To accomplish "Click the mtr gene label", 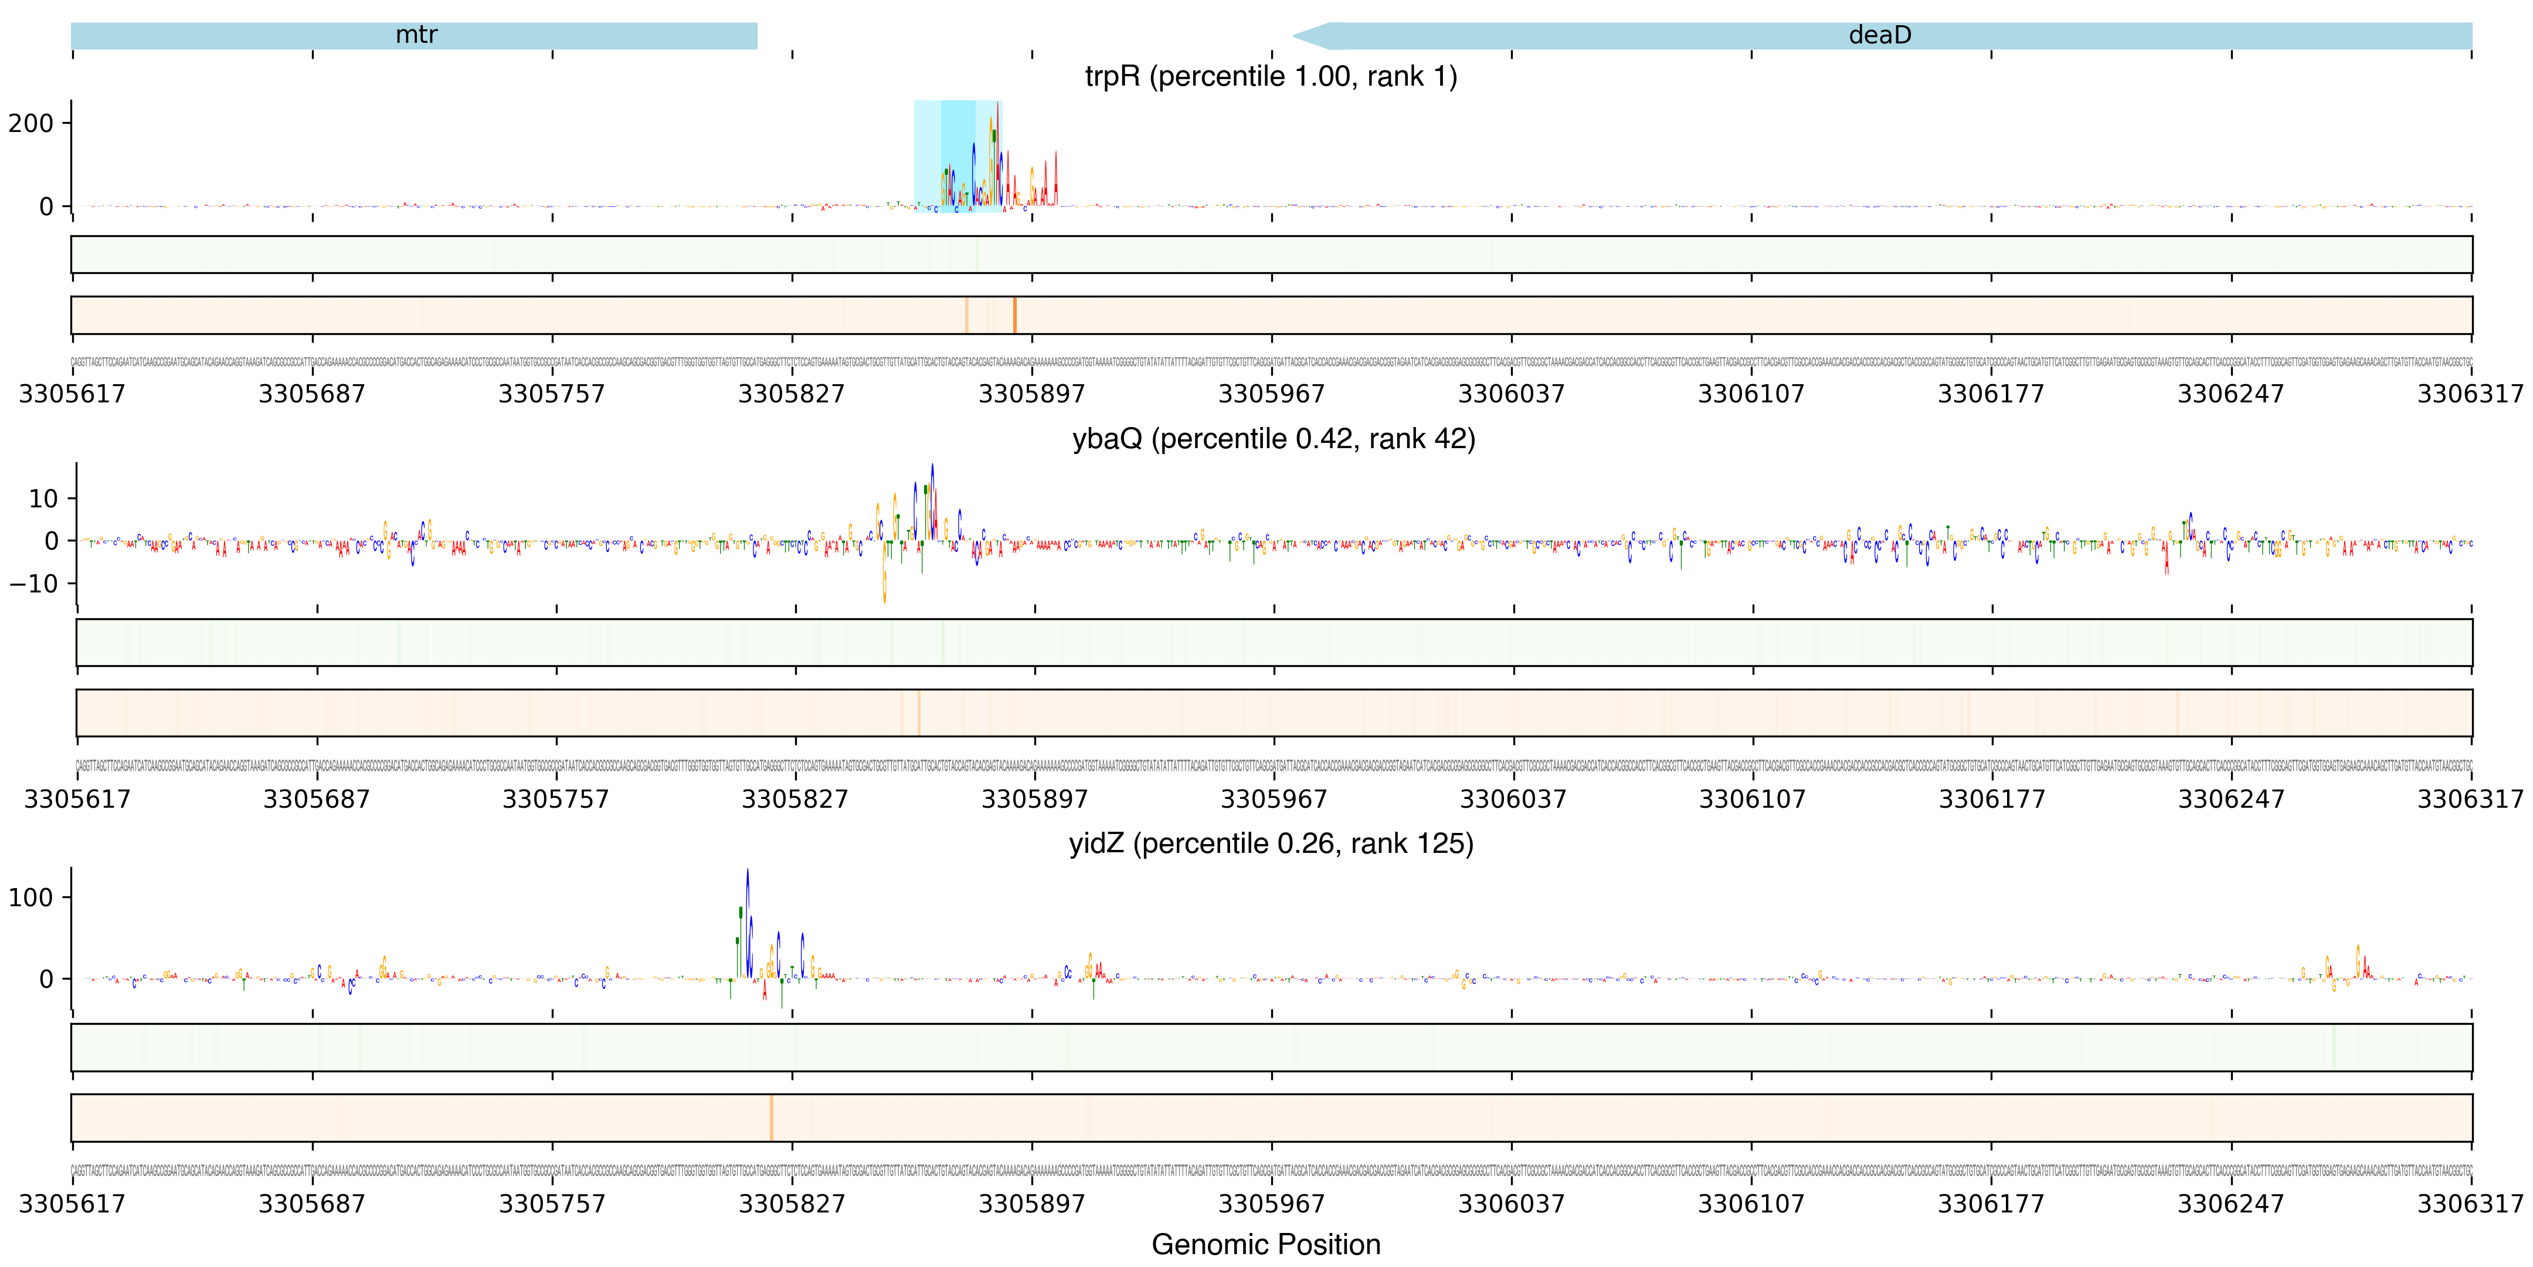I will [416, 35].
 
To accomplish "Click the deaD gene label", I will [1879, 35].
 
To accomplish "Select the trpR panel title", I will [1271, 77].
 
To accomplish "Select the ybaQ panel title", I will [1274, 439].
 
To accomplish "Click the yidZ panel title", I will [1271, 844].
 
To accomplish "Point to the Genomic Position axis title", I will [1265, 1244].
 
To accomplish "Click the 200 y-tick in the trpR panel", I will [32, 124].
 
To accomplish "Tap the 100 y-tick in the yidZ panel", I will [32, 897].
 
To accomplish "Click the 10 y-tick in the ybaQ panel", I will [43, 499].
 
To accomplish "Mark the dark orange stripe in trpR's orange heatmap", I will [1015, 315].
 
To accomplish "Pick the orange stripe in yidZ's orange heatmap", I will [772, 1117].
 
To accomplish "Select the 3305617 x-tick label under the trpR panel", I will [72, 394].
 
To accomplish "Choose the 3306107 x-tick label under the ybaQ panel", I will [1752, 799].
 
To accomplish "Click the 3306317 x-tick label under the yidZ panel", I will [2470, 1204].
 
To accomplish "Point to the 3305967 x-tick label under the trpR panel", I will [1271, 394].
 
